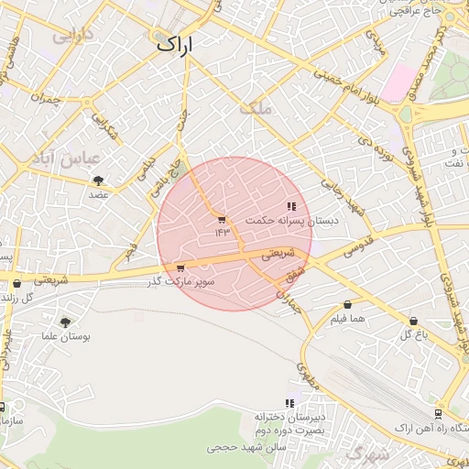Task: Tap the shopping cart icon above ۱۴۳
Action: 221,220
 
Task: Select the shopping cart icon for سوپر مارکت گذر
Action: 180,268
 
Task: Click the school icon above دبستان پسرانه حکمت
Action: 291,207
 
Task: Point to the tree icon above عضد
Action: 98,180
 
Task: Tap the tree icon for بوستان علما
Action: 65,322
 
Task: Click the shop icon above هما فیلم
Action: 348,305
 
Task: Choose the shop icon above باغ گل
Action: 414,322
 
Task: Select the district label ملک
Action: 256,109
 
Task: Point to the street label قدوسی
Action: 356,243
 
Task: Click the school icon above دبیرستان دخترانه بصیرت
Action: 289,403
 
